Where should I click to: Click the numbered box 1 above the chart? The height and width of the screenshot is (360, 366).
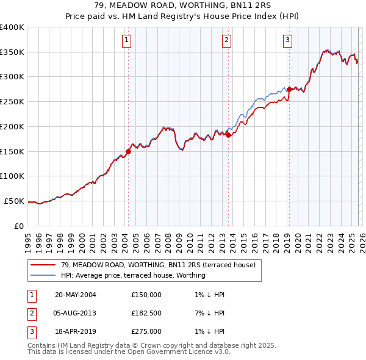pyautogui.click(x=127, y=41)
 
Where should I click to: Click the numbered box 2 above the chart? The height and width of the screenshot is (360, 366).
pyautogui.click(x=226, y=41)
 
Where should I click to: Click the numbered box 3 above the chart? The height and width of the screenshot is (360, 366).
pyautogui.click(x=287, y=41)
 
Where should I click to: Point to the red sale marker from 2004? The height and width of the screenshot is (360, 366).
pyautogui.click(x=128, y=151)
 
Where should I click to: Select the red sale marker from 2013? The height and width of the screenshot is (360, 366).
pyautogui.click(x=228, y=135)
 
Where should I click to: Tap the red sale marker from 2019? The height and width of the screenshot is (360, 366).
pyautogui.click(x=289, y=89)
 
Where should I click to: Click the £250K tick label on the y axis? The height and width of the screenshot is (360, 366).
pyautogui.click(x=12, y=102)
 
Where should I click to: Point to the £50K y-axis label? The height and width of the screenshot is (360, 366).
pyautogui.click(x=13, y=201)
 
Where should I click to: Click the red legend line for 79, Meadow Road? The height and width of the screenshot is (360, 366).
pyautogui.click(x=43, y=265)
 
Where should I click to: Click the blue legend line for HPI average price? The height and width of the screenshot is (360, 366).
pyautogui.click(x=43, y=275)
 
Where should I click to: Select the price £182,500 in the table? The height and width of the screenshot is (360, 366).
pyautogui.click(x=146, y=314)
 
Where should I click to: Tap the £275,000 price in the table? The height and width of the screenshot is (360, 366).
pyautogui.click(x=146, y=332)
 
